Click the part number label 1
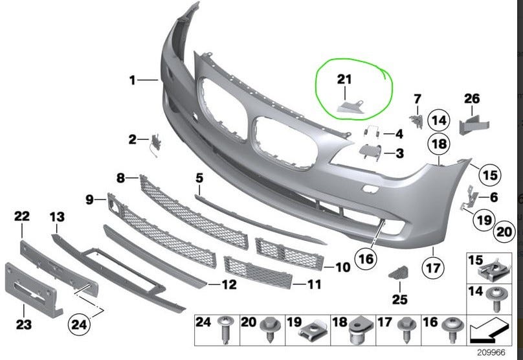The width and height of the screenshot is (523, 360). point(132,80)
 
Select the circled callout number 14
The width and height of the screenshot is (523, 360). point(440,120)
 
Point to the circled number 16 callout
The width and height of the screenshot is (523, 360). point(366,259)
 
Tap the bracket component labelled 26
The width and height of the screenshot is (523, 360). point(471,122)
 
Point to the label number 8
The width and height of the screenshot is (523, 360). point(121,177)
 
